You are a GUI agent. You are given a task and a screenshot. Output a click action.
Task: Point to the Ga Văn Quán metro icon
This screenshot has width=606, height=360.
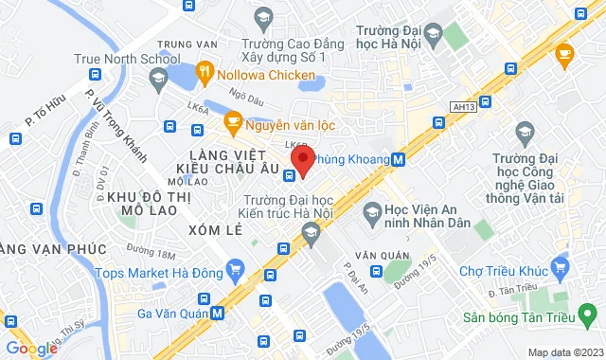pyautogui.click(x=219, y=312)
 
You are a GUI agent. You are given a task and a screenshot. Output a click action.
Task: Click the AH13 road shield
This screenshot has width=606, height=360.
pyautogui.click(x=463, y=111)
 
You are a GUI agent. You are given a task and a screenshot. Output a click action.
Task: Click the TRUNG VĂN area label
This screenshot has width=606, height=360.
pyautogui.click(x=181, y=45)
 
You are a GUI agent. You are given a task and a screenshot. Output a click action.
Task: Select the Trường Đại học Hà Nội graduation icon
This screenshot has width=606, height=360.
pyautogui.click(x=432, y=35)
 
